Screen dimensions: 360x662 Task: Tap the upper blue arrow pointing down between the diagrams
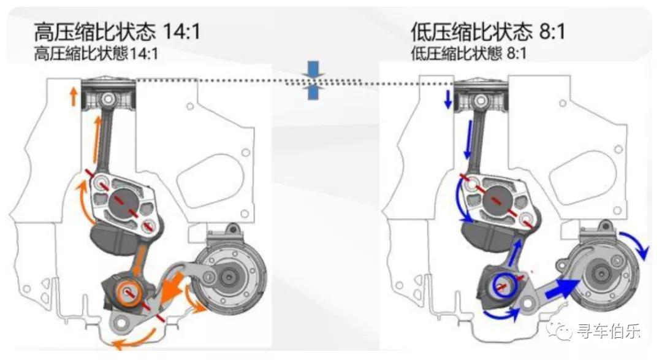314,68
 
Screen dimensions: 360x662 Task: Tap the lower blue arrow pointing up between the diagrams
314,92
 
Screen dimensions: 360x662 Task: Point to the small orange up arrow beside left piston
73,97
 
